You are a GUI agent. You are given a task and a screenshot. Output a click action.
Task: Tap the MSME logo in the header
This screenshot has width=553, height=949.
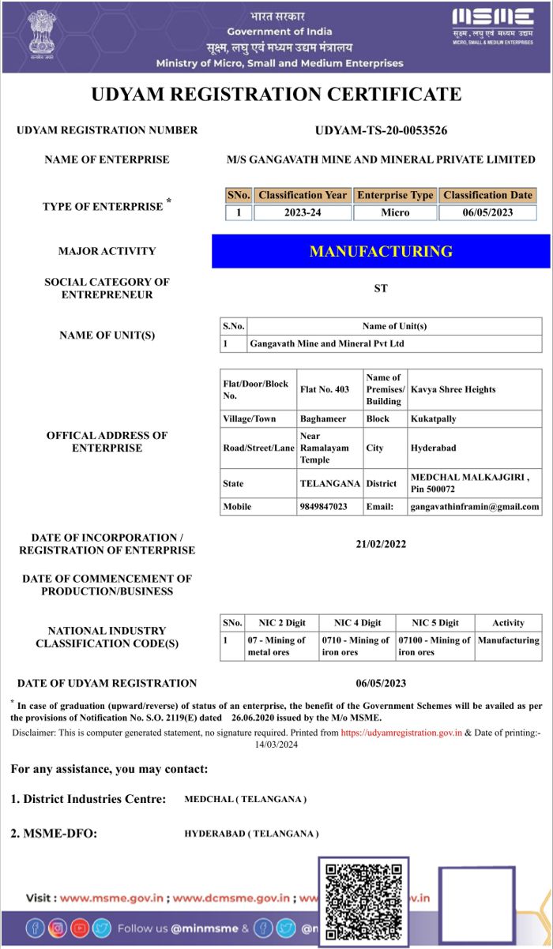pos(493,26)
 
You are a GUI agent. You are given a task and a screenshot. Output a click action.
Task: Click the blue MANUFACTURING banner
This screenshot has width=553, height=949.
pos(381,252)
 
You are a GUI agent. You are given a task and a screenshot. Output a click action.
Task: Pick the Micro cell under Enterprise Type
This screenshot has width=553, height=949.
pos(395,212)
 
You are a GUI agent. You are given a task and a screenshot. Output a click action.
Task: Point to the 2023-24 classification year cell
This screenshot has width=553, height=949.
pos(303,212)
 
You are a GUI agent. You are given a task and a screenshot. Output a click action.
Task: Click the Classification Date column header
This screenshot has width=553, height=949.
pos(487,195)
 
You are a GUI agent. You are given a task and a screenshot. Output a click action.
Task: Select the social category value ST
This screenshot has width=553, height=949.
pos(381,289)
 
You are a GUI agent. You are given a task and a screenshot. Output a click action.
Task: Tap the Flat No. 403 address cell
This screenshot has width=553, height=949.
pos(325,389)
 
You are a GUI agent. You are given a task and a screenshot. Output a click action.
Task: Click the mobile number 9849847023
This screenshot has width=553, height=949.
pos(324,507)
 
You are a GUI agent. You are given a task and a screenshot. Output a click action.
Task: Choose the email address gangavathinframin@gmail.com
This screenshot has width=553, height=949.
pos(475,507)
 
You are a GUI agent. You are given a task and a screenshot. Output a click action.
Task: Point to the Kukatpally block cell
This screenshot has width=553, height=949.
pos(433,419)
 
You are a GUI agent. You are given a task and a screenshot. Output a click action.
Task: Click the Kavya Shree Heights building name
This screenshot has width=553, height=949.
pos(453,389)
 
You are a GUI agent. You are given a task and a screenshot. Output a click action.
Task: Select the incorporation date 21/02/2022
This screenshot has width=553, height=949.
pos(381,544)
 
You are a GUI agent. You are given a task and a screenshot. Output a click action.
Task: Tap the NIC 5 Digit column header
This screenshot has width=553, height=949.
pos(434,623)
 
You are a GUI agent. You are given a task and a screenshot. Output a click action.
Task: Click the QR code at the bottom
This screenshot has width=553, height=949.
pos(363,900)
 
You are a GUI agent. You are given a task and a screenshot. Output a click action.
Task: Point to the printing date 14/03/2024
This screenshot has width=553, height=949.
pos(276,745)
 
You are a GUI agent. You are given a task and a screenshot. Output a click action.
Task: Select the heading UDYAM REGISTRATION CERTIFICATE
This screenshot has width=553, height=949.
pos(276,95)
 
